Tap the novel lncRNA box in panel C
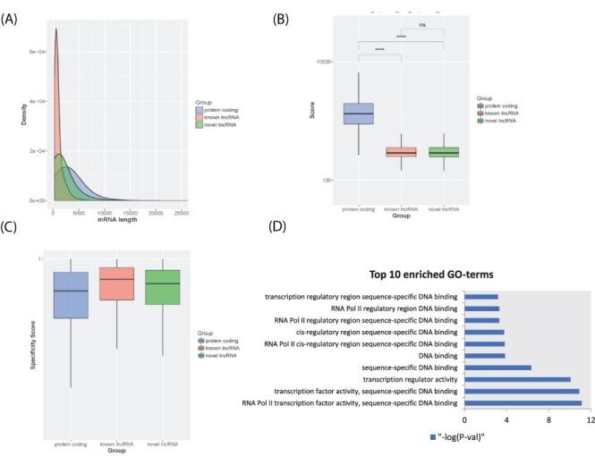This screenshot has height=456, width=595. pyautogui.click(x=162, y=287)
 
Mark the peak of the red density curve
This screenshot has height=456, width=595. pyautogui.click(x=56, y=30)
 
